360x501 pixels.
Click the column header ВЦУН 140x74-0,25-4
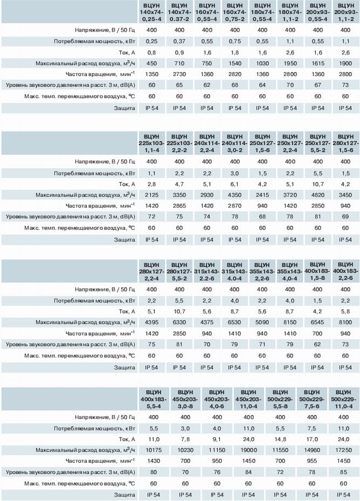[x=151, y=12]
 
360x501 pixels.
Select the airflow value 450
[x=151, y=63]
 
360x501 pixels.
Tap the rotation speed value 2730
[x=179, y=74]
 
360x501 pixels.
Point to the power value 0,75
[x=235, y=41]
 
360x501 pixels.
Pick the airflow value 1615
[x=318, y=63]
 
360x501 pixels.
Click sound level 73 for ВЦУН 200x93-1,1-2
[x=345, y=85]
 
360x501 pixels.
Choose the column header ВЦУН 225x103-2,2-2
[x=179, y=143]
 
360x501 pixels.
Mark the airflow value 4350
[x=235, y=195]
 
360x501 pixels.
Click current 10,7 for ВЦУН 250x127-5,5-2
[x=318, y=184]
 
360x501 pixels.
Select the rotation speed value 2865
[x=179, y=206]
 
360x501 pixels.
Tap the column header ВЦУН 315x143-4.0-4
[x=234, y=272]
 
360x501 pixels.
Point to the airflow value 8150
[x=290, y=322]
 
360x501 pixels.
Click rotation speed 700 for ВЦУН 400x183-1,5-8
[x=317, y=333]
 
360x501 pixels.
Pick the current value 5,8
[x=345, y=311]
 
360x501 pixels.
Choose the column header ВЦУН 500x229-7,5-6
[x=312, y=400]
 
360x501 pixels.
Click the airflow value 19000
[x=249, y=450]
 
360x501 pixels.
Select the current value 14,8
[x=280, y=439]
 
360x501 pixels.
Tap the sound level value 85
[x=343, y=472]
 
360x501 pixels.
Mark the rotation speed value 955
[x=312, y=461]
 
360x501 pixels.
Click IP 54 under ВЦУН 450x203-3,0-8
[x=186, y=494]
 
